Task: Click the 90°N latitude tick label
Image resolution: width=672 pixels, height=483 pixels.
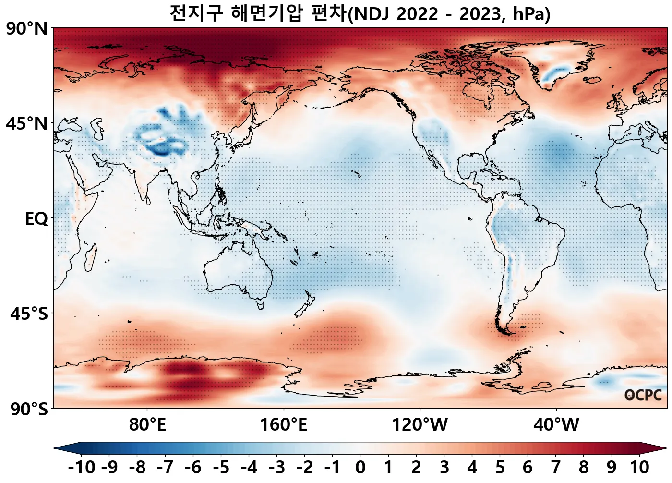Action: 27,29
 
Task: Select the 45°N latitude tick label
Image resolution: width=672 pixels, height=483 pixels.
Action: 27,124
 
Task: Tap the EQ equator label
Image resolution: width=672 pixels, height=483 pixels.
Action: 36,219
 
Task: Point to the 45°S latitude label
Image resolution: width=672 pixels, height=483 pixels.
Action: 29,314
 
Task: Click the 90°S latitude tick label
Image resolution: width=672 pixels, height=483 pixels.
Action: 29,410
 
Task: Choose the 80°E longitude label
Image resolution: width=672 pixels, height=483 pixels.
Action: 147,425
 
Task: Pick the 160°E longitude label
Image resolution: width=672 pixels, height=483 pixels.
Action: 284,425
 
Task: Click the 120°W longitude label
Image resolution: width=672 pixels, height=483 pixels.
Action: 420,425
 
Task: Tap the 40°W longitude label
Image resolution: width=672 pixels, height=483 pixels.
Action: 556,425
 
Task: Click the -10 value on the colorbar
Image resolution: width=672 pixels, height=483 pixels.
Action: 82,467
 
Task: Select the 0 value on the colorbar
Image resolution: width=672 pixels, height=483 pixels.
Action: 360,467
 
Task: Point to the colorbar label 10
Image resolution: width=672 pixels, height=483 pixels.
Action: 639,467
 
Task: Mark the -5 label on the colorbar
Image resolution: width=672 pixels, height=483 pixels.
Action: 221,467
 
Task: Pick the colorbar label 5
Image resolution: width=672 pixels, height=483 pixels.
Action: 500,467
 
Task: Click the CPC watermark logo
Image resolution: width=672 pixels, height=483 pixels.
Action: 643,395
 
